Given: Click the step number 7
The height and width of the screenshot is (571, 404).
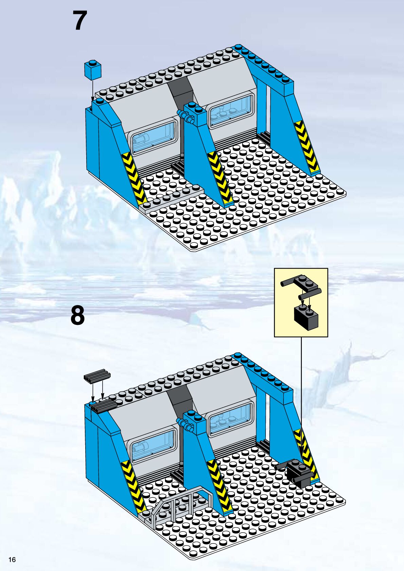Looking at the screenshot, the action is [80, 20].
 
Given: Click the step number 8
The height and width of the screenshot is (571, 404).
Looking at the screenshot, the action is [77, 315].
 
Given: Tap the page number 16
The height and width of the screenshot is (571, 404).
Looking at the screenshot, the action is [12, 559].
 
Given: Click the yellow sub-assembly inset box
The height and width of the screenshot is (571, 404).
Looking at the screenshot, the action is [301, 302].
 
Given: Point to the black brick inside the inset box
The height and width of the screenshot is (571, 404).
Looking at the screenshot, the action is [306, 318].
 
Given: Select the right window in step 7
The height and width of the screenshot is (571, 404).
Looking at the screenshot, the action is [232, 110].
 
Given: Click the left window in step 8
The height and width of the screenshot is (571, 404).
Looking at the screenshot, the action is [154, 444].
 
